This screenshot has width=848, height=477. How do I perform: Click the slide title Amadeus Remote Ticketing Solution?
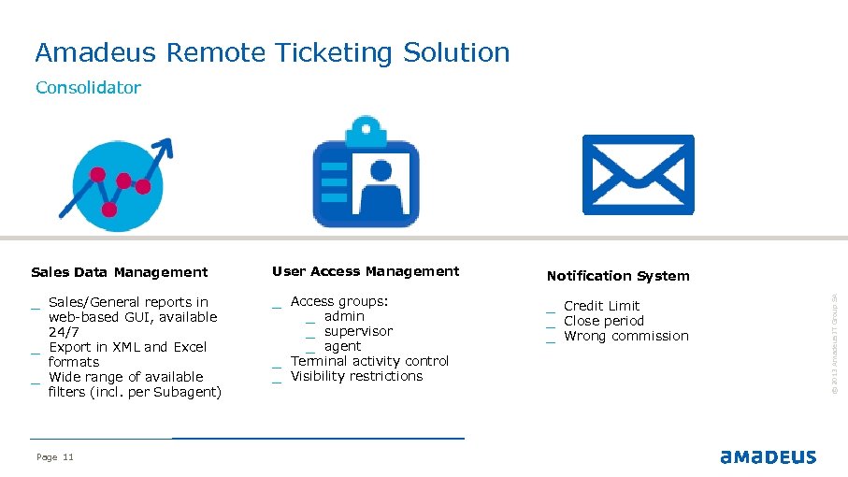[x=272, y=52]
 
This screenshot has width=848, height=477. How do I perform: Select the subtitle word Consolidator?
[x=88, y=88]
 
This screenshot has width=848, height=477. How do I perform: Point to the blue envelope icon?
[x=638, y=174]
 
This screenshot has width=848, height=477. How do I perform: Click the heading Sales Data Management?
[x=119, y=272]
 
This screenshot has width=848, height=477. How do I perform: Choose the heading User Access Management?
[x=366, y=271]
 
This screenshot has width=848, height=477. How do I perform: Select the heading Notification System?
[x=618, y=276]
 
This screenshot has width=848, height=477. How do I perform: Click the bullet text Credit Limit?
[x=601, y=306]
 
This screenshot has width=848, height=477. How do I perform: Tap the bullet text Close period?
[x=603, y=321]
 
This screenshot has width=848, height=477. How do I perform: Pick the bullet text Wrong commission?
[x=625, y=336]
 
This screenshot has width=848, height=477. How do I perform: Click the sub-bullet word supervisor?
[x=358, y=331]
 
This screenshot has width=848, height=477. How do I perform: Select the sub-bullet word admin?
[x=344, y=316]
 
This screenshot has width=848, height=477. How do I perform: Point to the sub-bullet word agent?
[x=342, y=346]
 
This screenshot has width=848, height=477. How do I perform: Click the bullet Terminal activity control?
[x=369, y=361]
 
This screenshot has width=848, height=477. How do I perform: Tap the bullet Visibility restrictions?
[x=356, y=376]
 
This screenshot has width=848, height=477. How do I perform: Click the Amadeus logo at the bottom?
[x=768, y=456]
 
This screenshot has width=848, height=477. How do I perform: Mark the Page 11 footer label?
[x=54, y=456]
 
